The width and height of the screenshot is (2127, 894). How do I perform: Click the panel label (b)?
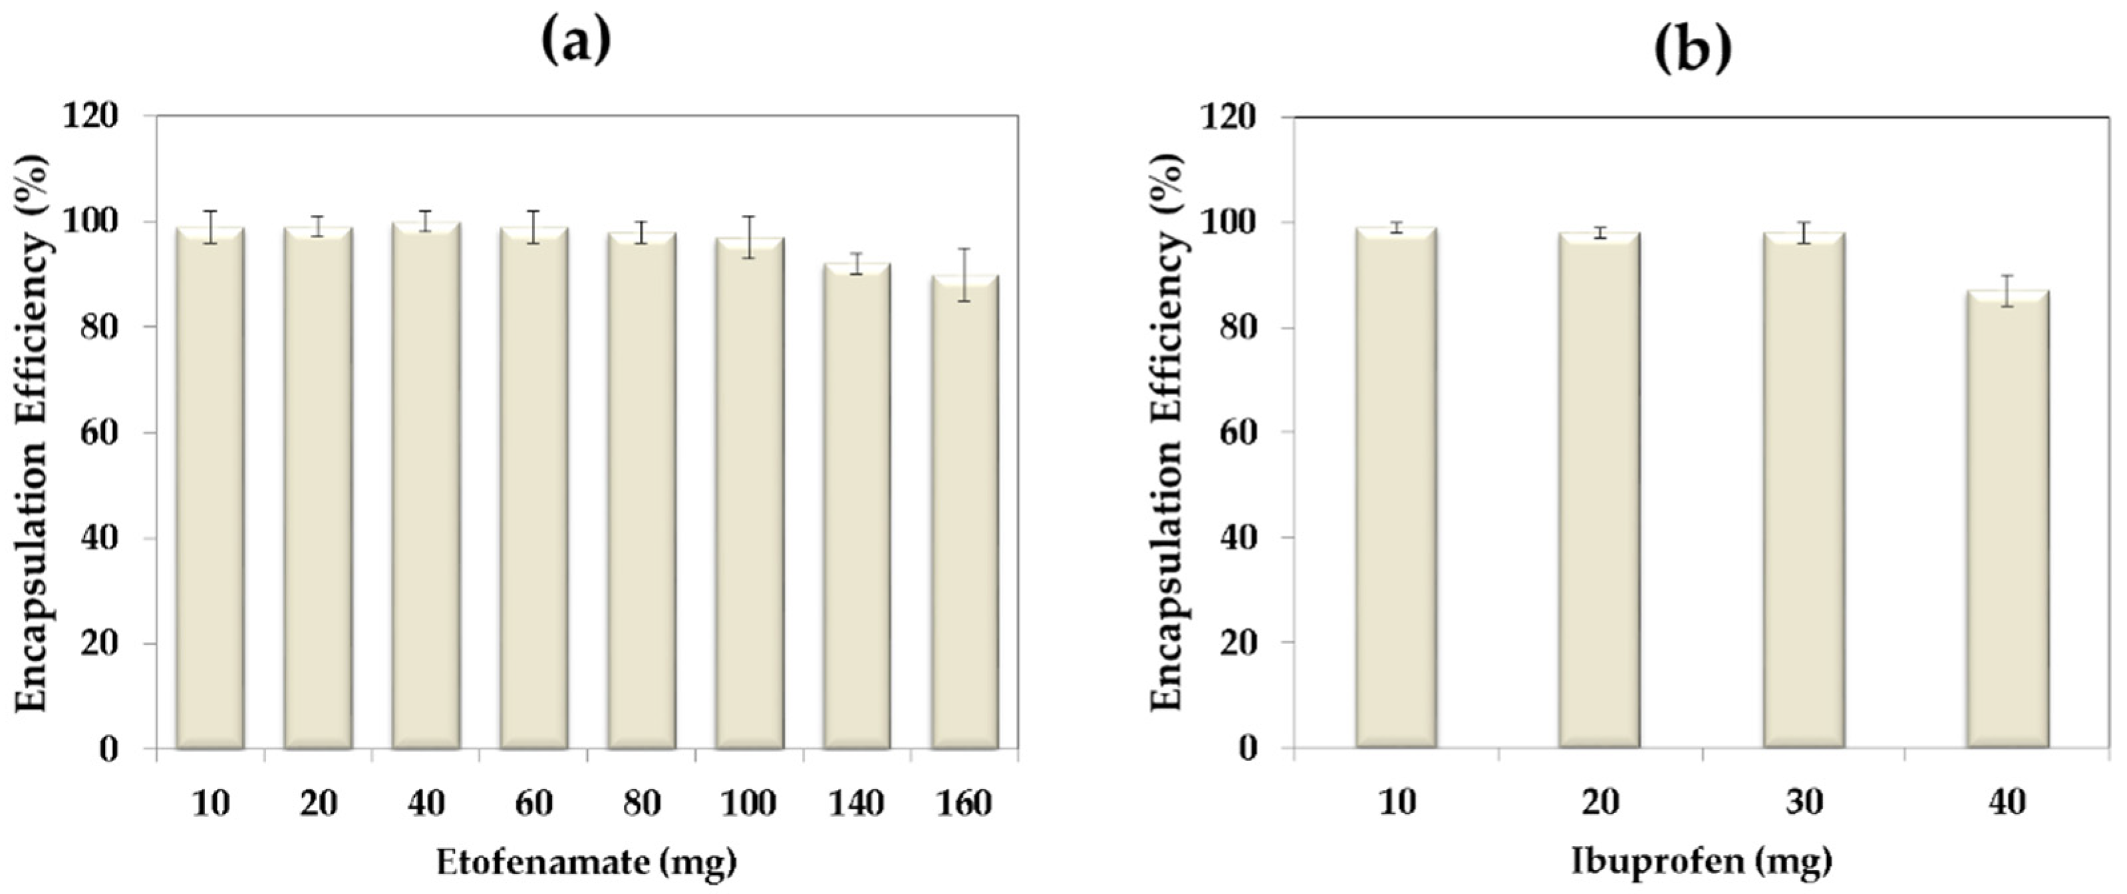(1693, 51)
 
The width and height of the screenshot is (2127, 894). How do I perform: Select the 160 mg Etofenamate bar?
(964, 512)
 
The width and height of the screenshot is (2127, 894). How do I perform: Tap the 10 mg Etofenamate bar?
(211, 487)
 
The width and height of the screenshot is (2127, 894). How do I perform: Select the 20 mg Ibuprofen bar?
(1600, 491)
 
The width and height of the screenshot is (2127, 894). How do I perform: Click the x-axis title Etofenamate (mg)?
(586, 863)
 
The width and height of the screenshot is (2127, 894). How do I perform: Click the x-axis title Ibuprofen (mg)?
(1702, 861)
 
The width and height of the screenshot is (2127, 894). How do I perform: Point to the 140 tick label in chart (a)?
(856, 802)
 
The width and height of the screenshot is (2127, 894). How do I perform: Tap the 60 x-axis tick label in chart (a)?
(534, 802)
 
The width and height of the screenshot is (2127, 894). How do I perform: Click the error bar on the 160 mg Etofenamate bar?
(964, 275)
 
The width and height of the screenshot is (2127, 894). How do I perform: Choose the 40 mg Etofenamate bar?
(426, 487)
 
